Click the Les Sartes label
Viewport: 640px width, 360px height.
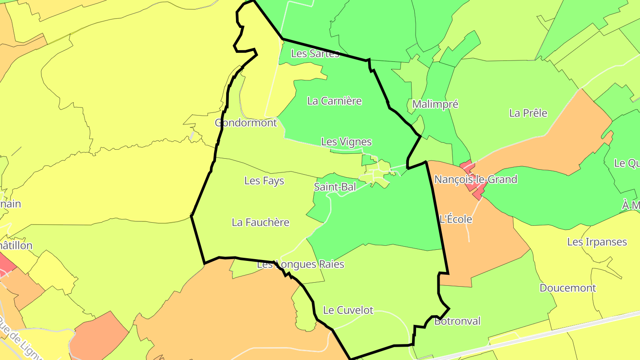coord(315,54)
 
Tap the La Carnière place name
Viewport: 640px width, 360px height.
coord(334,101)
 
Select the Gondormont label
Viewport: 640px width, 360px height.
coord(246,123)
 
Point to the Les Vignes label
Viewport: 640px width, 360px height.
coord(346,142)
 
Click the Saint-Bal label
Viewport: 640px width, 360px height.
coord(335,187)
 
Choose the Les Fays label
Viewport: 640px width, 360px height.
coord(264,181)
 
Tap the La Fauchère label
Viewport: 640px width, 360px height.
coord(260,222)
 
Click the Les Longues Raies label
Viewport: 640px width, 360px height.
coord(300,264)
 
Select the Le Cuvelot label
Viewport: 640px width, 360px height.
coord(348,310)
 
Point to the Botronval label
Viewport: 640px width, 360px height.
coord(457,321)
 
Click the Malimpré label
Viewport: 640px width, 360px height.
coord(435,104)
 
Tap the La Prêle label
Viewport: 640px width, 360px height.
coord(528,113)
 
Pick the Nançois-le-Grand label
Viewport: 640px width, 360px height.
coord(476,180)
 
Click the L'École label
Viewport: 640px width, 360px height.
coord(455,219)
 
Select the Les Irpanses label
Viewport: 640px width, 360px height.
coord(597,242)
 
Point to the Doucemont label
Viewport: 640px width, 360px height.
coord(568,288)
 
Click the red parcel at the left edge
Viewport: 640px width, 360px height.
coord(6,263)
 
